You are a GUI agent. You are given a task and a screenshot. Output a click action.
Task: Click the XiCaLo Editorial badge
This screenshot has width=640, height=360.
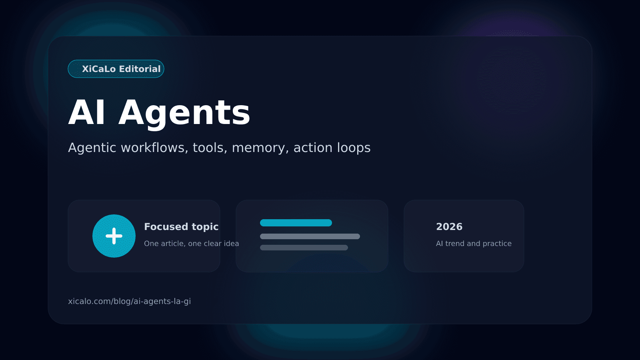pyautogui.click(x=116, y=69)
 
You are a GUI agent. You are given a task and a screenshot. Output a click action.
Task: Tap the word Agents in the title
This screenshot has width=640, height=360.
pyautogui.click(x=184, y=113)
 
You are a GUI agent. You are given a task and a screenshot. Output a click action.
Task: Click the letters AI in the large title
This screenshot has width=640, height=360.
pyautogui.click(x=87, y=113)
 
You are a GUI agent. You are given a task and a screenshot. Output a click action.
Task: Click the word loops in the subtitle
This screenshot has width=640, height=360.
pyautogui.click(x=354, y=148)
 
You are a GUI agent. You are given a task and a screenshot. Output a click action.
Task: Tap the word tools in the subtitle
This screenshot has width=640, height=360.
pyautogui.click(x=210, y=148)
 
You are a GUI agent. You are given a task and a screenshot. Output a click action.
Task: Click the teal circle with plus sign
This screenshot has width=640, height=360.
pyautogui.click(x=114, y=236)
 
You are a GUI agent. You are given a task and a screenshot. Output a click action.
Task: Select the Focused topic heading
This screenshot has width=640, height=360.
pyautogui.click(x=181, y=227)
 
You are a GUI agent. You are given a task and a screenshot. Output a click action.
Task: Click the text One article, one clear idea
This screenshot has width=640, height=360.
pyautogui.click(x=191, y=244)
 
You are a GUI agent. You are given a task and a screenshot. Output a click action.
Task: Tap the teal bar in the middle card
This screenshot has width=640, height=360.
pyautogui.click(x=296, y=223)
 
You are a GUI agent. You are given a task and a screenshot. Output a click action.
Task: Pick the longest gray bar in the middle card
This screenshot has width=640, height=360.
pyautogui.click(x=310, y=236)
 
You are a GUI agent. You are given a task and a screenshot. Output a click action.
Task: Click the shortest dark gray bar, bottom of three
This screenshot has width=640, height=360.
pyautogui.click(x=304, y=248)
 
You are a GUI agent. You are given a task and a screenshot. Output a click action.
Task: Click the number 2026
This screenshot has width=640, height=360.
pyautogui.click(x=449, y=227)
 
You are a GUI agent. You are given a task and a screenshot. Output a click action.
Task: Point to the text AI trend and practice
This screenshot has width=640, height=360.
pyautogui.click(x=474, y=244)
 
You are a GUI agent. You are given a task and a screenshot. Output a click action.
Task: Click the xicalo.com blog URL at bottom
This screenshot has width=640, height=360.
pyautogui.click(x=129, y=301)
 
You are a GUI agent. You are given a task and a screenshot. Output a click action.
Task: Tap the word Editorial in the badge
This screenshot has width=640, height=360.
pyautogui.click(x=140, y=69)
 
